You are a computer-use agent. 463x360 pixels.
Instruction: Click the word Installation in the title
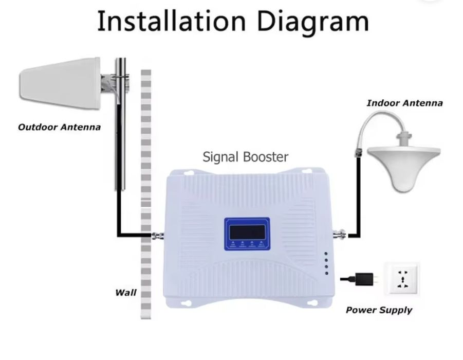coord(171,21)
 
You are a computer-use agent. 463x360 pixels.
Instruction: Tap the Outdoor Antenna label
coord(59,127)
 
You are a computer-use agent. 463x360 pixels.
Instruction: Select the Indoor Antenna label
coord(404,103)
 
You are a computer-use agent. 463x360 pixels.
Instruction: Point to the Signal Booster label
coord(246,157)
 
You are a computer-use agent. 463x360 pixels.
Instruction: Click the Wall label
coord(126,293)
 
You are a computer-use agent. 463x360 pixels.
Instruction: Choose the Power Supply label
coord(379,310)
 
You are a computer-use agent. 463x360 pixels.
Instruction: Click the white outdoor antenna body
coord(60,84)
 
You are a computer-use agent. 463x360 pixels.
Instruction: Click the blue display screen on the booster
coord(247,234)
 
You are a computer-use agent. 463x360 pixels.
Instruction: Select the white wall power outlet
coord(402,279)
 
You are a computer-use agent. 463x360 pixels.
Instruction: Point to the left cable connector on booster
coord(158,236)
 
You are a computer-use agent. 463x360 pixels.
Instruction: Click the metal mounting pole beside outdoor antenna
coord(120,124)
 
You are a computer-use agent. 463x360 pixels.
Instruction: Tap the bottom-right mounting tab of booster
coord(312,304)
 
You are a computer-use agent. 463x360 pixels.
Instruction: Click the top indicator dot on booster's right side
coord(326,254)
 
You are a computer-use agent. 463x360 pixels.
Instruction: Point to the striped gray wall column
coord(146,194)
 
